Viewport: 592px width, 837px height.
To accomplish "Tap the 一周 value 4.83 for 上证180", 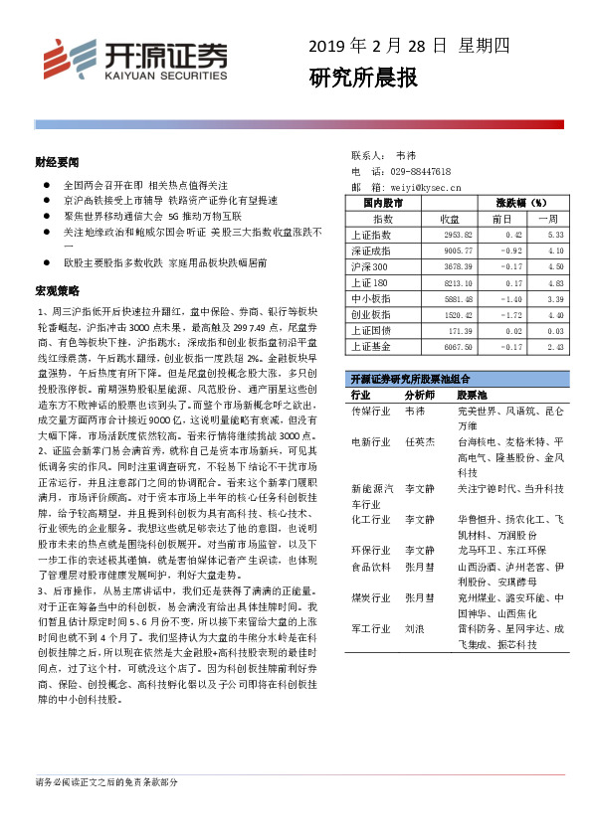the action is pos(553,283).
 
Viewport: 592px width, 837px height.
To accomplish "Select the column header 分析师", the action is pos(419,395).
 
